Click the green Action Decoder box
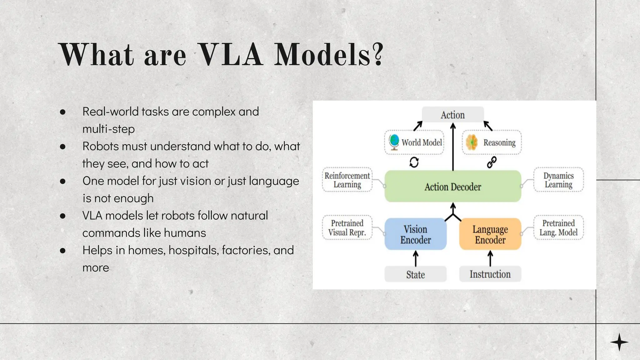coord(452,186)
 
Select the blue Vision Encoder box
coord(415,234)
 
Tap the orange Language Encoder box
coord(490,234)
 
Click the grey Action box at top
coord(452,115)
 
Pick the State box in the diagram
coord(415,274)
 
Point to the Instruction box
coord(490,274)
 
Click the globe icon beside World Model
coord(394,142)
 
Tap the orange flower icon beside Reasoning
coord(472,142)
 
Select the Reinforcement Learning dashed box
coord(347,180)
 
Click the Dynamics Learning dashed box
coord(558,180)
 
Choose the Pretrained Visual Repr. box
coord(347,227)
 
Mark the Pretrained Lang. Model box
coord(558,227)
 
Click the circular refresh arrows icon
coord(414,162)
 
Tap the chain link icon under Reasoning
coord(492,162)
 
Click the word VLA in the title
coord(230,55)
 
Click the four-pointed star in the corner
coord(619,342)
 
